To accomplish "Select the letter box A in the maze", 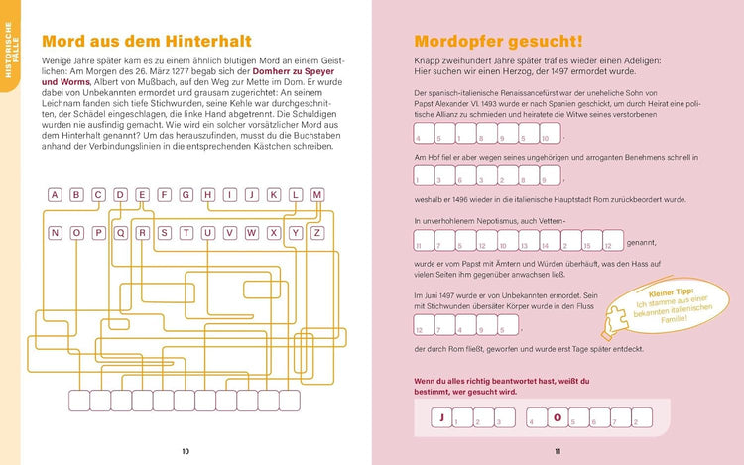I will pyautogui.click(x=54, y=195).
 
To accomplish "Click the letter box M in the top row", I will pyautogui.click(x=316, y=195).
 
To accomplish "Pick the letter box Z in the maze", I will pyautogui.click(x=316, y=233).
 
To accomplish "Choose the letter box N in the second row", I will pyautogui.click(x=54, y=233).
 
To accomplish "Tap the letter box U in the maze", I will pyautogui.click(x=207, y=233).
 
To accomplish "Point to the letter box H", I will pyautogui.click(x=207, y=195).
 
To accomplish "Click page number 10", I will pyautogui.click(x=186, y=452).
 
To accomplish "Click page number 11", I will pyautogui.click(x=557, y=452).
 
